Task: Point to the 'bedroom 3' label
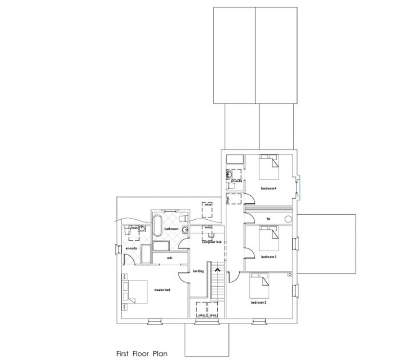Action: (269, 257)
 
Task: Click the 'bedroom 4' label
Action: (269, 188)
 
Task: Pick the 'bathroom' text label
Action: (171, 229)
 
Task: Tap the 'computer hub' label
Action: (212, 242)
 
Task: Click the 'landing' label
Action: (198, 271)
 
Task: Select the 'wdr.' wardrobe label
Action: (169, 257)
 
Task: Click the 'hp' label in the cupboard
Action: (268, 218)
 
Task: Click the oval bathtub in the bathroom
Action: (157, 225)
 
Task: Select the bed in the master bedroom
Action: (136, 292)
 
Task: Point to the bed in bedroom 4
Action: (269, 166)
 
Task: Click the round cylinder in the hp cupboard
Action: (288, 218)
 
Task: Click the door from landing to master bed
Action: (184, 276)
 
